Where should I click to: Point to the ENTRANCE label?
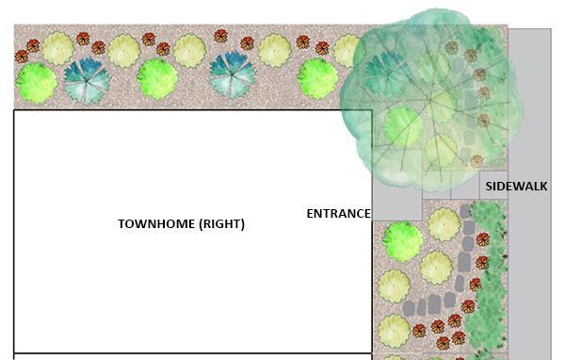pyautogui.click(x=338, y=214)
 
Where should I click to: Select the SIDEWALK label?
pyautogui.click(x=516, y=187)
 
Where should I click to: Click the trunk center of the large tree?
pyautogui.click(x=429, y=95)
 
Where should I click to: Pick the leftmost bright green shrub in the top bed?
pyautogui.click(x=36, y=82)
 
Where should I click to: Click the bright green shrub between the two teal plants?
pyautogui.click(x=157, y=78)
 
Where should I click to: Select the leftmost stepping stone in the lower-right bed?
pyautogui.click(x=411, y=306)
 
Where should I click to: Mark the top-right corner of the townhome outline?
pyautogui.click(x=371, y=111)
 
